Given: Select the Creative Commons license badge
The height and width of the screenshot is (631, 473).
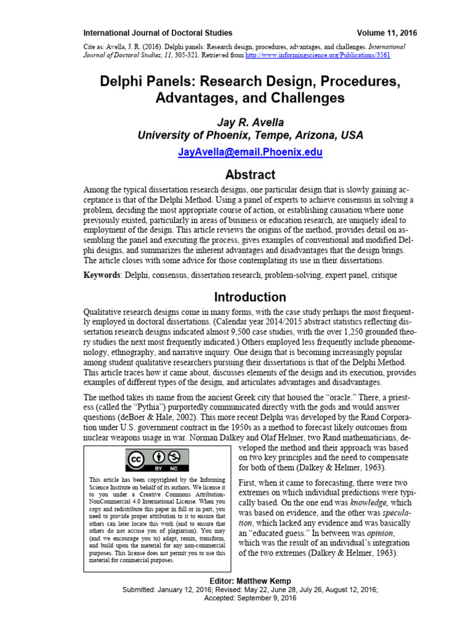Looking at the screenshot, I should [x=157, y=461].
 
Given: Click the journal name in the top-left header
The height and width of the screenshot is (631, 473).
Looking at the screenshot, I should [x=158, y=33].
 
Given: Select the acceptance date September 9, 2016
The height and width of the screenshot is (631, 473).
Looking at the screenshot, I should [x=271, y=598].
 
